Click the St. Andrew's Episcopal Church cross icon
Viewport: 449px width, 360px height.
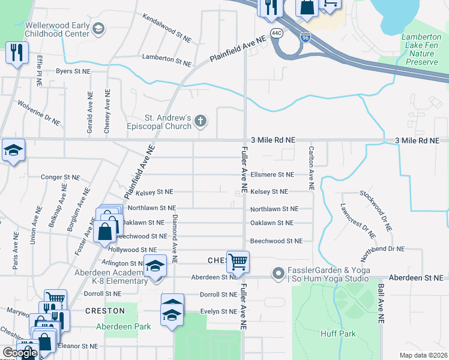pos(201,122)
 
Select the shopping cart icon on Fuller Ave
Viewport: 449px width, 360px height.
pos(238,262)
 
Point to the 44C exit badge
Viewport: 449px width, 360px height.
pos(276,33)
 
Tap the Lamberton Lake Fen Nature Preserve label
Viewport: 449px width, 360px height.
pos(421,49)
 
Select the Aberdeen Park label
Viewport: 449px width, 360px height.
pos(115,326)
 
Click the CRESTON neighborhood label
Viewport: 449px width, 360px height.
pos(104,311)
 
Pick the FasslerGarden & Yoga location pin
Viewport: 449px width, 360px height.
pos(278,274)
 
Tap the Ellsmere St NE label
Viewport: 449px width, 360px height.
pos(272,175)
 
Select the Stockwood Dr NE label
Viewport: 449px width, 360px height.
pos(376,211)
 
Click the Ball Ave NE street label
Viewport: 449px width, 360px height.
pos(380,305)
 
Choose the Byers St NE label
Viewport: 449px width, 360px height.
pos(73,71)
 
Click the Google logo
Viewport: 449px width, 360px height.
pos(19,353)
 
